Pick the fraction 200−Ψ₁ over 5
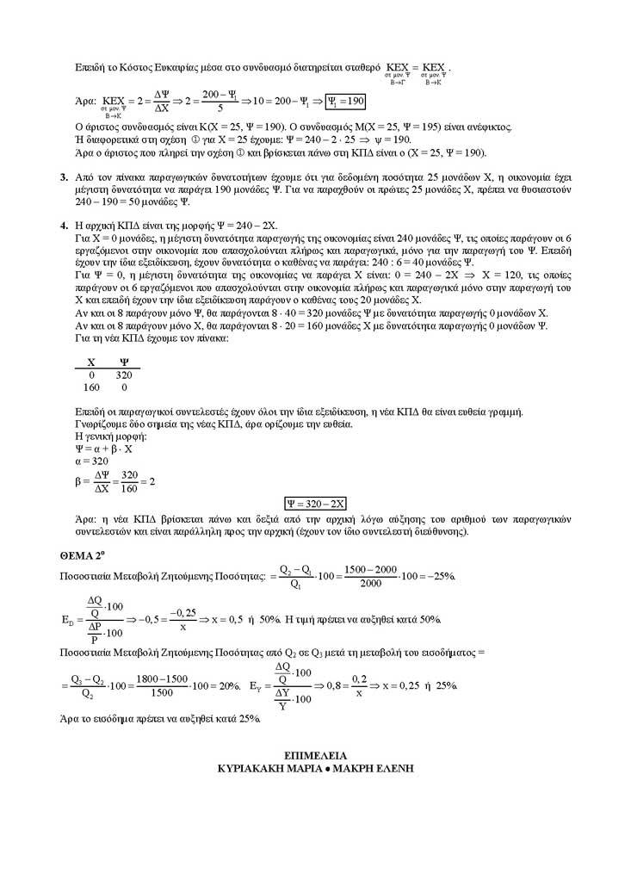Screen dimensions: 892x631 (x=219, y=102)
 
